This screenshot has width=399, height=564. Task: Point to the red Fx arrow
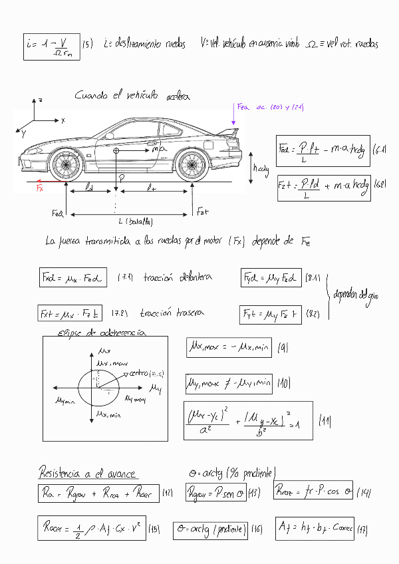(51, 180)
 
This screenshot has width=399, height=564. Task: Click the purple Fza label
(243, 106)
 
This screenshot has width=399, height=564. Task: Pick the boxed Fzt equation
(323, 186)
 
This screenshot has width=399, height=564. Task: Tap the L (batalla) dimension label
(136, 221)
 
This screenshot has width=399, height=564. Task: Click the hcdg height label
(261, 169)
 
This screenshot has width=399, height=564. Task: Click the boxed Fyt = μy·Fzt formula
(270, 313)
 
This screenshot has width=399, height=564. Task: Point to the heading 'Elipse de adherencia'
(102, 333)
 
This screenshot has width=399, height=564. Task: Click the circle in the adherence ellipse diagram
(98, 388)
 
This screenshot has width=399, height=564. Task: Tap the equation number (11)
(325, 420)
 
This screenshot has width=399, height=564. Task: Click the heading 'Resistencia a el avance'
(86, 474)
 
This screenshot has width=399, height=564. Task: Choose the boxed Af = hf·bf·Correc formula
(315, 529)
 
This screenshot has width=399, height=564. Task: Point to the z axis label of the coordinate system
(41, 99)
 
